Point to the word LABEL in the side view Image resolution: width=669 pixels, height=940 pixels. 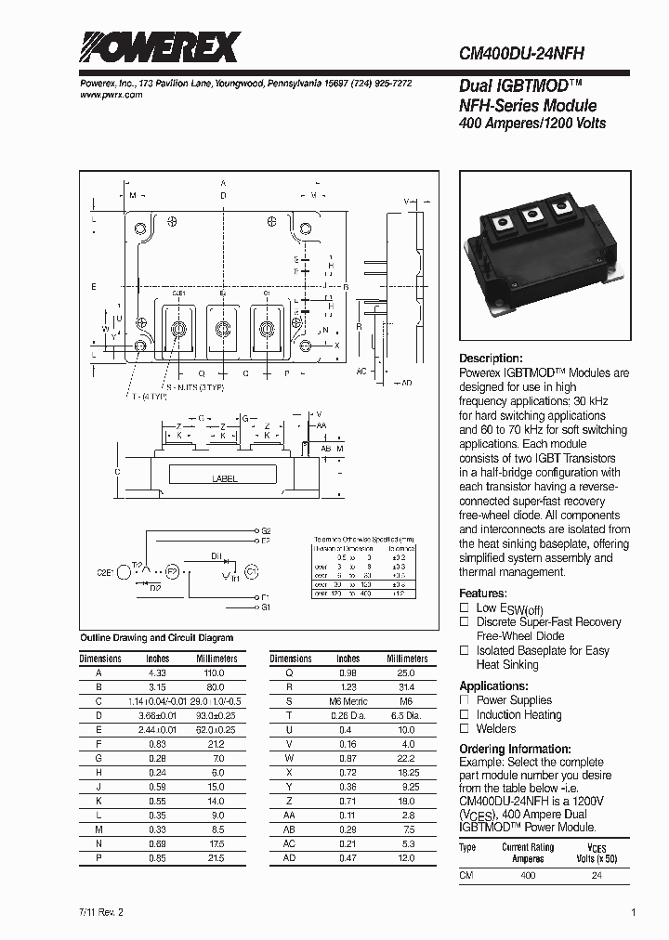[x=225, y=479]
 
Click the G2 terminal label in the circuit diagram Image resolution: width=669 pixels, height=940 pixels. [x=266, y=529]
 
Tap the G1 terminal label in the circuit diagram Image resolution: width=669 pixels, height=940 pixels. [x=266, y=607]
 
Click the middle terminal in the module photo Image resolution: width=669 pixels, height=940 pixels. [x=534, y=215]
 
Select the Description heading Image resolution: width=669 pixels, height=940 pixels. [x=492, y=359]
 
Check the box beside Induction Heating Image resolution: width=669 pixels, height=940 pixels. [x=465, y=714]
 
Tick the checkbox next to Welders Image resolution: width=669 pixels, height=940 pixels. [x=465, y=729]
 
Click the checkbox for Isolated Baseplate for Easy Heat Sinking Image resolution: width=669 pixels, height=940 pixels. [x=465, y=650]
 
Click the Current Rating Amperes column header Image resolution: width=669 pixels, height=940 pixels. [x=528, y=853]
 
